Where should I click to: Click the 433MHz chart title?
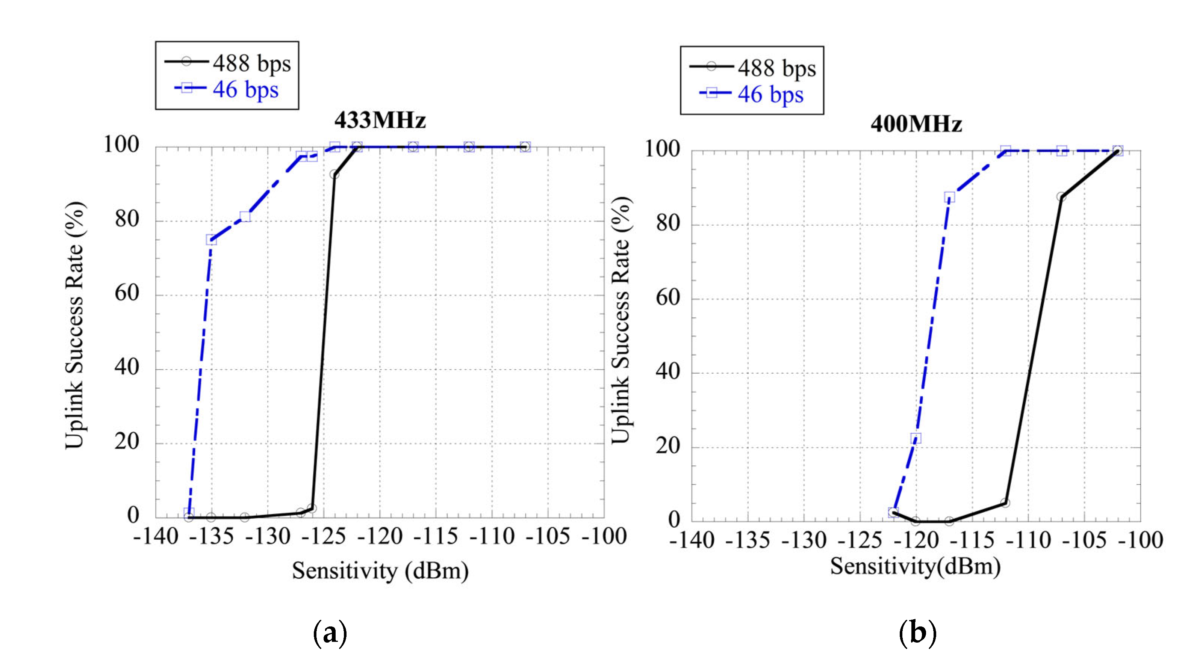(380, 121)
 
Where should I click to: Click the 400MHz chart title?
(916, 124)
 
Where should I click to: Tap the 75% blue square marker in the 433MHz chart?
(211, 240)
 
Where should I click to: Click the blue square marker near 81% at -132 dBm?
(245, 216)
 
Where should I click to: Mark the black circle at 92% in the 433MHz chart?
(334, 174)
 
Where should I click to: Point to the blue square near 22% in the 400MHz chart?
(916, 438)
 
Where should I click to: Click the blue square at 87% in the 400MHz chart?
(949, 197)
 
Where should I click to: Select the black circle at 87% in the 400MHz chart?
(1061, 197)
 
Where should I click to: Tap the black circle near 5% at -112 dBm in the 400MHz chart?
(1005, 503)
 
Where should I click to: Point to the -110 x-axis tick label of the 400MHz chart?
(1028, 540)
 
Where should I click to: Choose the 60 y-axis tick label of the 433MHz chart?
(127, 293)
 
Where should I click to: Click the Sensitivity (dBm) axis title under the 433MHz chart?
(380, 570)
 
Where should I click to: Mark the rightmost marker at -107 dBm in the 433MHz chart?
(525, 147)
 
